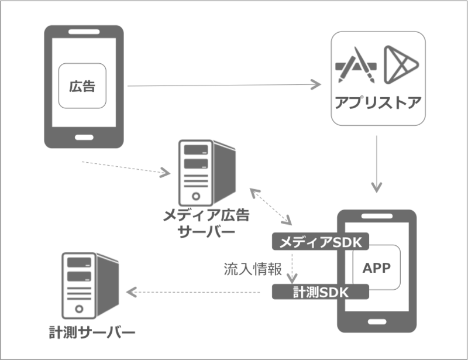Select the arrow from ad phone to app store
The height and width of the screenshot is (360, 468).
(x=222, y=86)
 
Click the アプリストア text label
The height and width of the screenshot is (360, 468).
(x=377, y=104)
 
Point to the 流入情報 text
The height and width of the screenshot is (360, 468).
(x=253, y=269)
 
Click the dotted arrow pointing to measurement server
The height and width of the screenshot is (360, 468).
(x=193, y=291)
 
